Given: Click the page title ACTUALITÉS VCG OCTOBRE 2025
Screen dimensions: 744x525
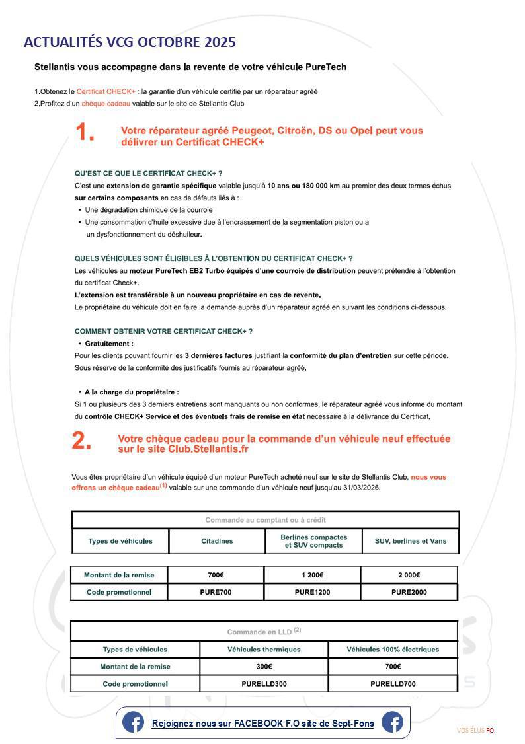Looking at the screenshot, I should [130, 42].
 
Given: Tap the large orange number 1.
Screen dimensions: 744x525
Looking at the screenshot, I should [84, 133].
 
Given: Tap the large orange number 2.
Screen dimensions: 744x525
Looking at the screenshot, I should [81, 441].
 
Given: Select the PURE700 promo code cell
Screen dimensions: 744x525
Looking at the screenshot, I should [216, 592].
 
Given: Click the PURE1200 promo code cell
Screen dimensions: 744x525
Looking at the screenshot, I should [312, 592].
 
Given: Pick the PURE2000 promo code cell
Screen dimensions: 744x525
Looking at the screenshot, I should [409, 592].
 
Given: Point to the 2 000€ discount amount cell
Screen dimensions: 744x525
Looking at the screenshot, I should [409, 575].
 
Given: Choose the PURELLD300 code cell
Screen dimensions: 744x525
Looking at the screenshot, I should [264, 684].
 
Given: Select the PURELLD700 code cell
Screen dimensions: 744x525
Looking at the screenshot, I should [393, 684].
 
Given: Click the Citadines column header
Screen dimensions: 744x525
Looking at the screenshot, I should [217, 541].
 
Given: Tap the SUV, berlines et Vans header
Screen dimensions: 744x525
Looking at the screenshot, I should [411, 541].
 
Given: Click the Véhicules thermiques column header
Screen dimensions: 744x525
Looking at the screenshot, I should [264, 650].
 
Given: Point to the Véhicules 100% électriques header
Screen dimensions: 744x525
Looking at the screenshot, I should [393, 650].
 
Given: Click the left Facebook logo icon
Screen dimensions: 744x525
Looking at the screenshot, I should [133, 723].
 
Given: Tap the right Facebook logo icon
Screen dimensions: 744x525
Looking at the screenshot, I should [392, 723].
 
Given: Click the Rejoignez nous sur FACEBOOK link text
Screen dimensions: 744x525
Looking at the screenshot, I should [262, 724].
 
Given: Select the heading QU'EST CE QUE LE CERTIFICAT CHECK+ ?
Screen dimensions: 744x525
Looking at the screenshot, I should [148, 173].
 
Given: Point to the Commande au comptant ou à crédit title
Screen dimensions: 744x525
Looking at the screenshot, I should [265, 520].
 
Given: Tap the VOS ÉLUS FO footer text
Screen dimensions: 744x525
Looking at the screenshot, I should [475, 730].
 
